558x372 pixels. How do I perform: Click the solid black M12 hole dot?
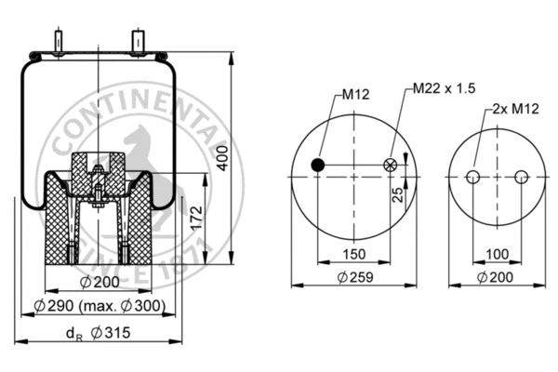pyautogui.click(x=318, y=166)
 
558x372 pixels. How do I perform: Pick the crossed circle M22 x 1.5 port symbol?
pyautogui.click(x=389, y=166)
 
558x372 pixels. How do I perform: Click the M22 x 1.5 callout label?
pyautogui.click(x=444, y=89)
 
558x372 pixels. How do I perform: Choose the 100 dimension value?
pyautogui.click(x=497, y=253)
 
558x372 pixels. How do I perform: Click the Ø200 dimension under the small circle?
pyautogui.click(x=497, y=277)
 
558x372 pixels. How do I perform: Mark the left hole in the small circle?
pyautogui.click(x=472, y=178)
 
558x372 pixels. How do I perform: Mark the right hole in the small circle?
pyautogui.click(x=520, y=178)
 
